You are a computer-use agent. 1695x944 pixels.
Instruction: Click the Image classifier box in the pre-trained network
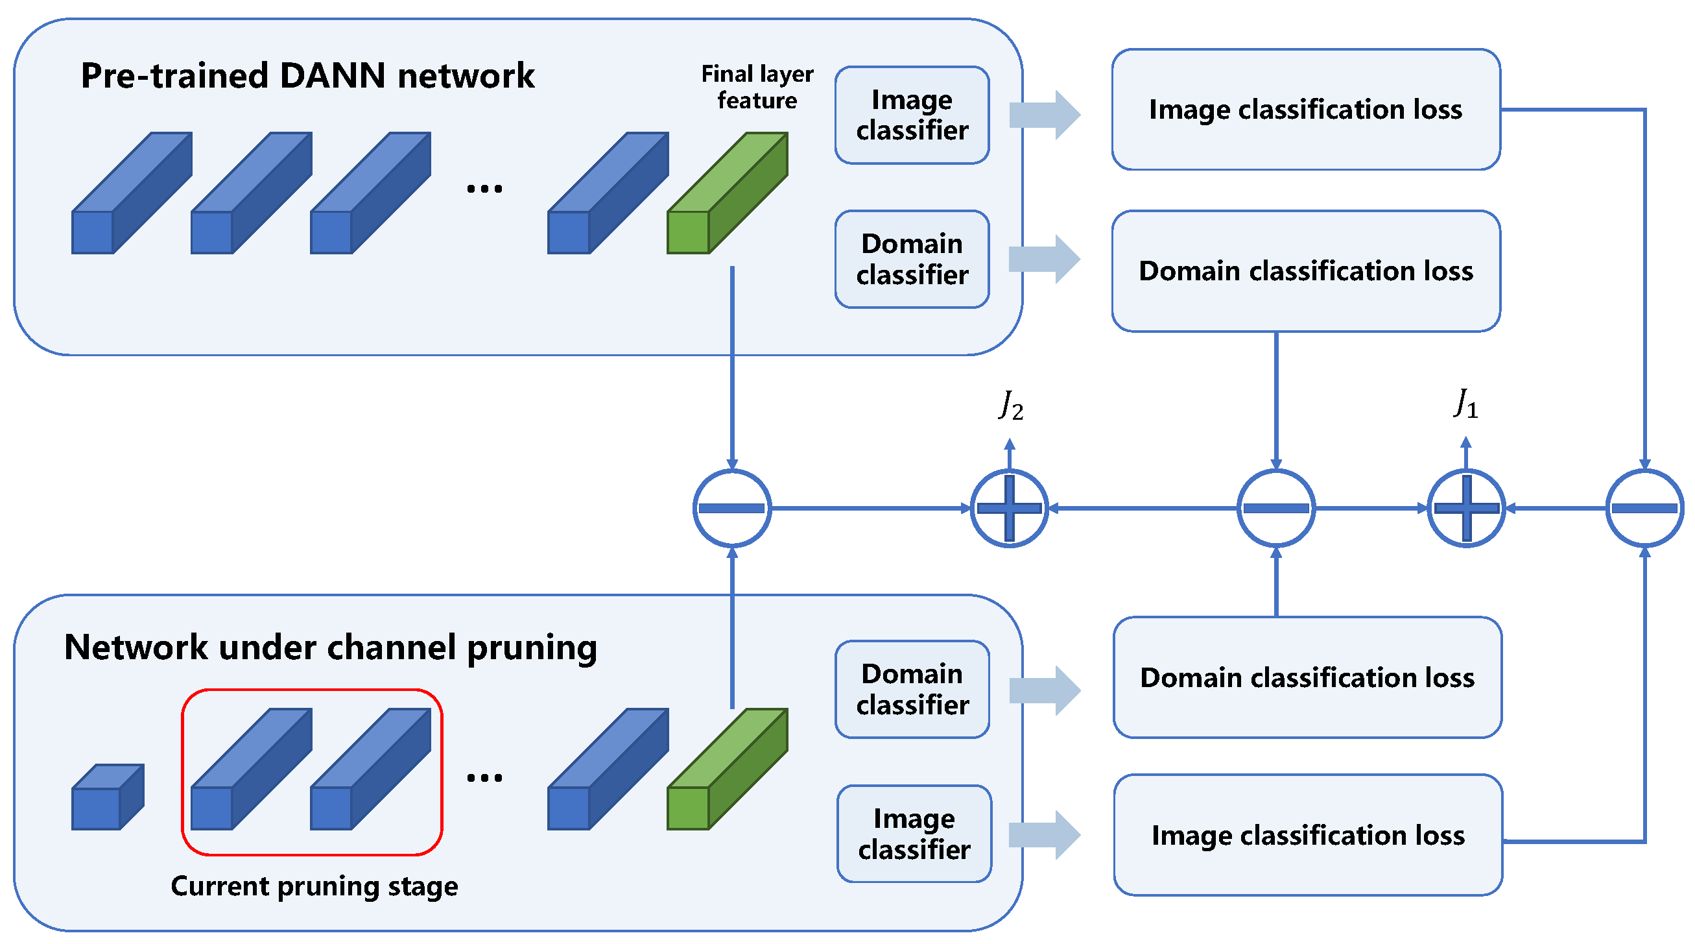tap(912, 115)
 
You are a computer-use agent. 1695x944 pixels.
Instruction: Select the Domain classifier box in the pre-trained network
tap(912, 259)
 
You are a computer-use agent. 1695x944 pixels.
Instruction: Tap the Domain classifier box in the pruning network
tap(912, 688)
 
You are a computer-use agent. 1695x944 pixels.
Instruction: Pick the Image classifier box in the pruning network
tap(914, 834)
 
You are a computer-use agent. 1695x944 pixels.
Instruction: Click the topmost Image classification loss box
tap(1305, 109)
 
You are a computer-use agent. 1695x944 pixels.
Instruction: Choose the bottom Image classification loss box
tap(1307, 835)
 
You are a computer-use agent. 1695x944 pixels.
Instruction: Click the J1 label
tap(1466, 403)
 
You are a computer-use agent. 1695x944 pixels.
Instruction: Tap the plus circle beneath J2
tap(1010, 508)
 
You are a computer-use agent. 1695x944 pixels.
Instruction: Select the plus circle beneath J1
tap(1466, 508)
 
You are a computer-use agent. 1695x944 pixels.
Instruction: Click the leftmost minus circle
tap(731, 508)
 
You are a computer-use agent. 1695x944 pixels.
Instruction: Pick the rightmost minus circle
tap(1644, 508)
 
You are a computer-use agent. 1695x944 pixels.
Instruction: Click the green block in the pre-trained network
tap(727, 193)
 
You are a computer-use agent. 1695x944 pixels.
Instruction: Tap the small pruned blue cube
tap(106, 797)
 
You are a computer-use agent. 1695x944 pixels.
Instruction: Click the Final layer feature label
tap(757, 87)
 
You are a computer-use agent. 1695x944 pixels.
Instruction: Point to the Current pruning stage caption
tap(314, 886)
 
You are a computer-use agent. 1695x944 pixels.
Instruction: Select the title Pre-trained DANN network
tap(307, 75)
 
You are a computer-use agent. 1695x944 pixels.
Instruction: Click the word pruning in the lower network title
tap(532, 648)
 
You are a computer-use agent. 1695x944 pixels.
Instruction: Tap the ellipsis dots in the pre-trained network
tap(484, 189)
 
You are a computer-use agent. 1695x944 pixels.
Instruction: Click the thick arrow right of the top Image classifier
tap(1045, 115)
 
